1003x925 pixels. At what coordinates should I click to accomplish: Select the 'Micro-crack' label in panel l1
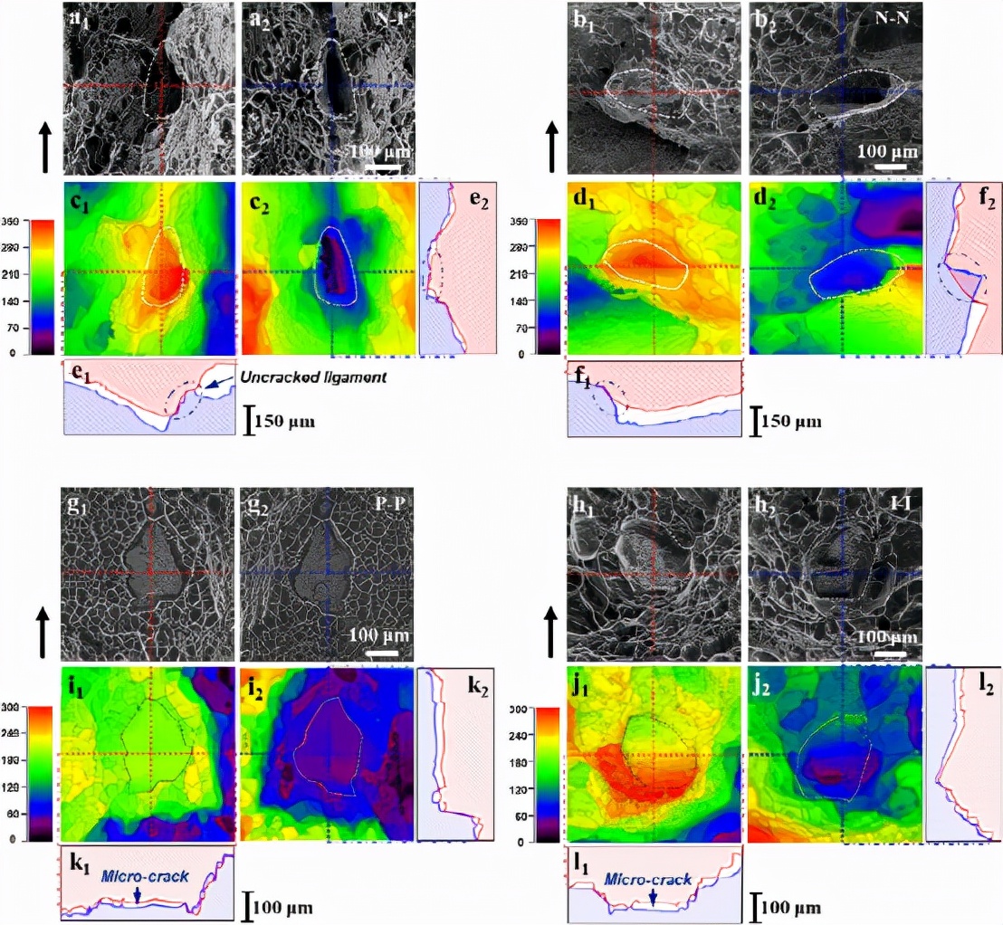tap(648, 879)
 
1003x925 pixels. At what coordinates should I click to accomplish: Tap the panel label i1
tap(76, 682)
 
